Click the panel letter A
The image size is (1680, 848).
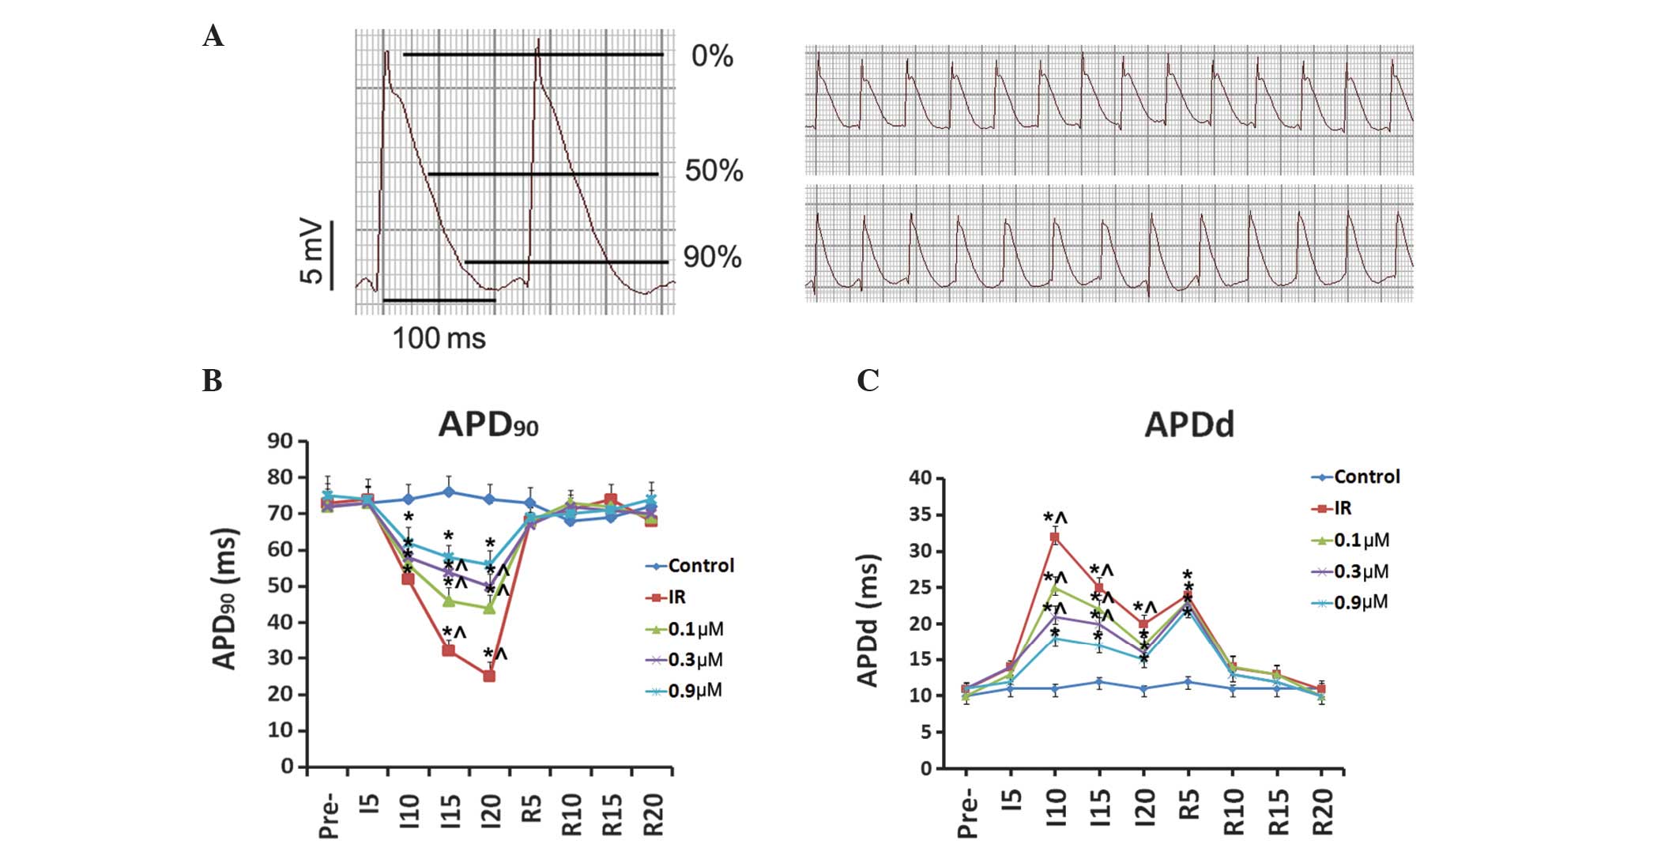pyautogui.click(x=213, y=36)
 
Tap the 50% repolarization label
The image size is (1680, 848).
pyautogui.click(x=714, y=171)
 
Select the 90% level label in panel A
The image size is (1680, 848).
pyautogui.click(x=712, y=257)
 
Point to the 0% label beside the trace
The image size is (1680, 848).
pyautogui.click(x=712, y=56)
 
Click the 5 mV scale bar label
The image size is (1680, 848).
pyautogui.click(x=311, y=251)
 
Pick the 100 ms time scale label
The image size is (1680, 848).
pyautogui.click(x=439, y=338)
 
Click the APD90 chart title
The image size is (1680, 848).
pyautogui.click(x=488, y=425)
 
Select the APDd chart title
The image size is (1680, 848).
pyautogui.click(x=1188, y=425)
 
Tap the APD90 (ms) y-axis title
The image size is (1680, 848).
pyautogui.click(x=227, y=598)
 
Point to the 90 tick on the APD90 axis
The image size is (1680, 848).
pyautogui.click(x=281, y=441)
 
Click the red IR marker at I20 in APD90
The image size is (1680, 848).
pyautogui.click(x=489, y=676)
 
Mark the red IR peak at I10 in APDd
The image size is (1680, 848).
pyautogui.click(x=1054, y=537)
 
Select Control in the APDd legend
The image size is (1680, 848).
pyautogui.click(x=1366, y=477)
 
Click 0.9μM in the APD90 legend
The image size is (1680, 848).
pyautogui.click(x=695, y=691)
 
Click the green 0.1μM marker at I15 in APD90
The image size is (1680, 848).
pyautogui.click(x=449, y=601)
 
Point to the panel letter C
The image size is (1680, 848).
pyautogui.click(x=868, y=381)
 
